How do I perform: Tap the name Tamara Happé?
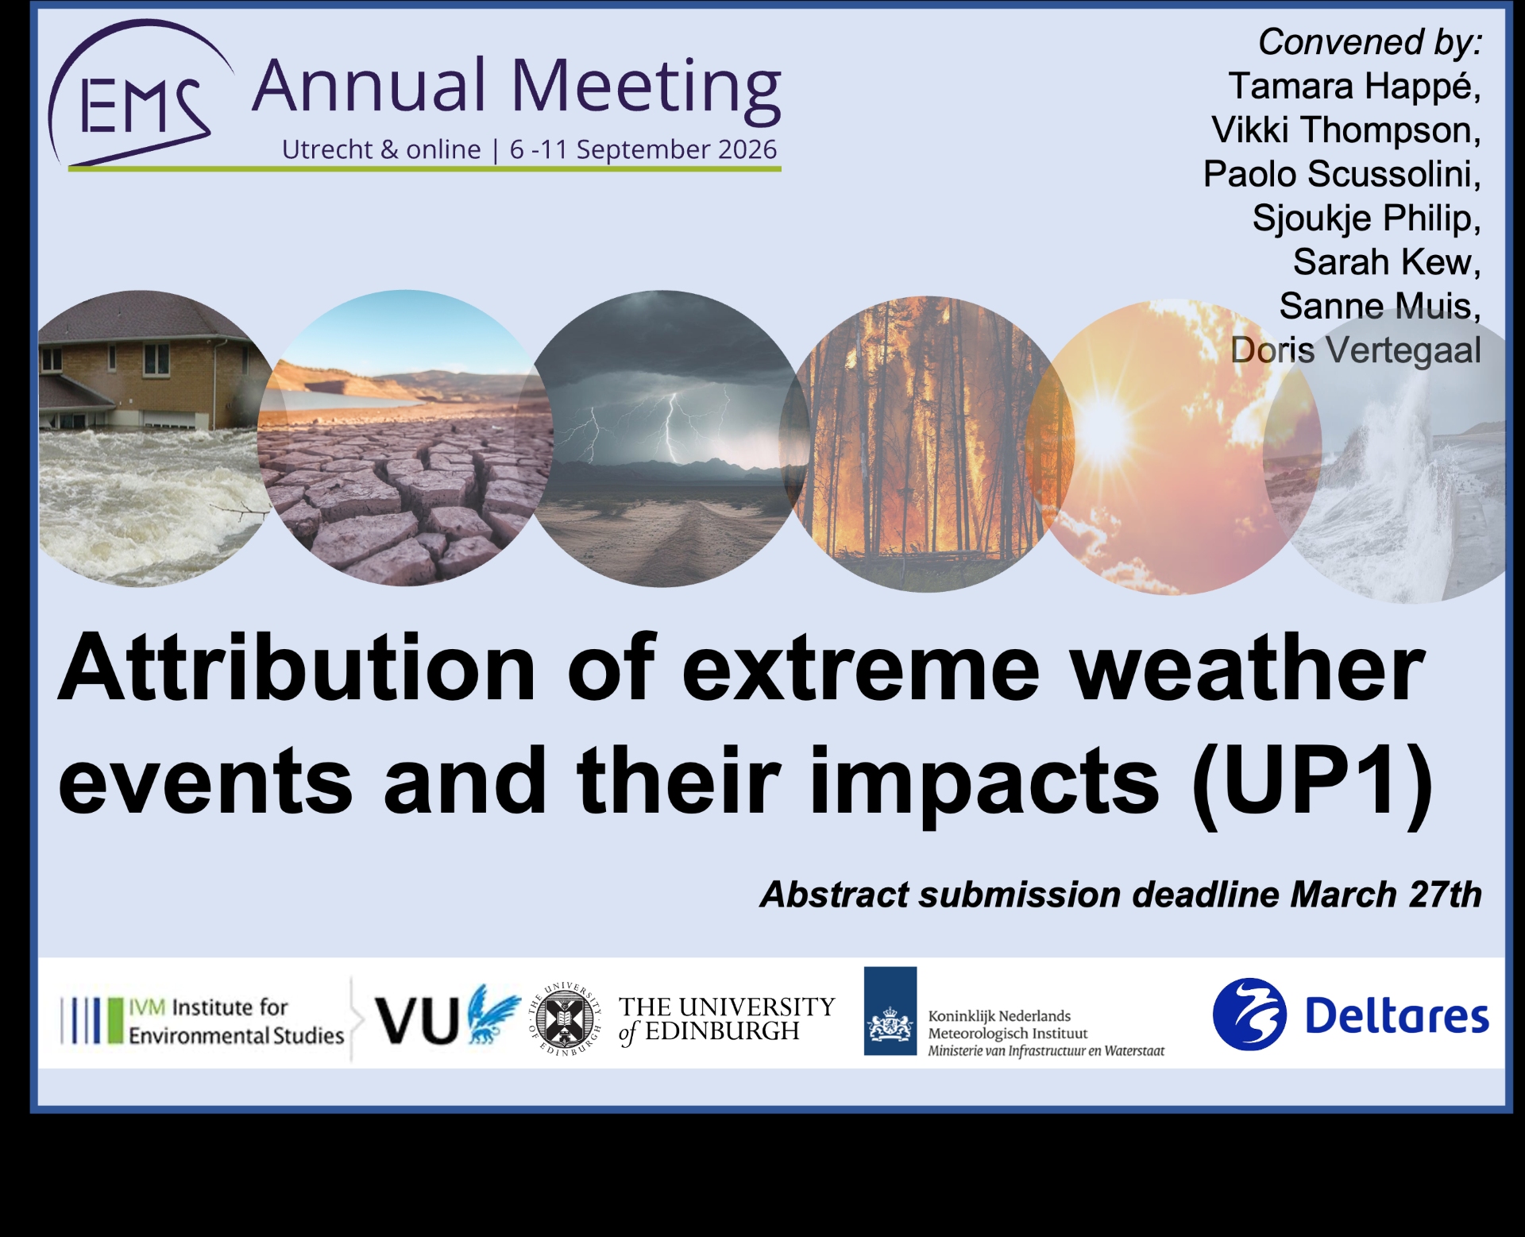click(1354, 86)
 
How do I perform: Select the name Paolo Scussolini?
click(1342, 174)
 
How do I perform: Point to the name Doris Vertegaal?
click(1355, 350)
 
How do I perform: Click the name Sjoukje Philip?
click(1366, 218)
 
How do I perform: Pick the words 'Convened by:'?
click(1369, 42)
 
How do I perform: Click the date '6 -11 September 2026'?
click(643, 149)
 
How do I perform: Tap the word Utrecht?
click(328, 149)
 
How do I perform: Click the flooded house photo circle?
click(151, 439)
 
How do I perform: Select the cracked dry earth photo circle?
click(405, 439)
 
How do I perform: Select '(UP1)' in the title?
click(1312, 783)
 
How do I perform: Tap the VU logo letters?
click(416, 1020)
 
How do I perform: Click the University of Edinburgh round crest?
click(566, 1019)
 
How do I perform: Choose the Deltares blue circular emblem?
click(1249, 1015)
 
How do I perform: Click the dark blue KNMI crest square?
click(890, 1011)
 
